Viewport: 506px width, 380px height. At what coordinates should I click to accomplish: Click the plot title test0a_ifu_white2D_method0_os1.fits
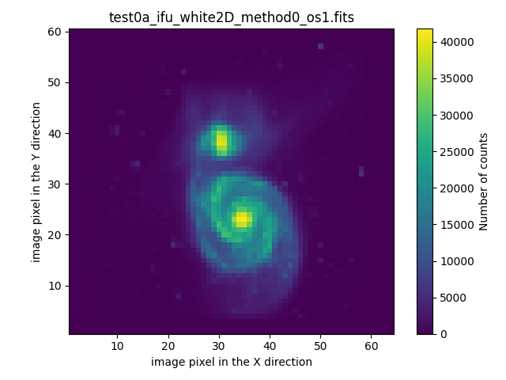[231, 17]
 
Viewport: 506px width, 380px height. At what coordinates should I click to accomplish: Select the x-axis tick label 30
[219, 346]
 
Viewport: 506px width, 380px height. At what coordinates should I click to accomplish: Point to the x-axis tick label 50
[320, 346]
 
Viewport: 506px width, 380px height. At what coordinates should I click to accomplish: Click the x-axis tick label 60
[371, 346]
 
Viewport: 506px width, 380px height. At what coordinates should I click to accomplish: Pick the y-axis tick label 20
[57, 235]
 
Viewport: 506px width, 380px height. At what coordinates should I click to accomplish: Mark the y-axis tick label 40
[57, 134]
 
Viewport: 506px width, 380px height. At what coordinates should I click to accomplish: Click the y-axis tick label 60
[57, 32]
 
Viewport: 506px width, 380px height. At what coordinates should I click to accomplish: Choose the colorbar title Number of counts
[484, 181]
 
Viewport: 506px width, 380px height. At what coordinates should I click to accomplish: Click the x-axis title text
[231, 362]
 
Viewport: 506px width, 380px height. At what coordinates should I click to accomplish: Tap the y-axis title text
[36, 181]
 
